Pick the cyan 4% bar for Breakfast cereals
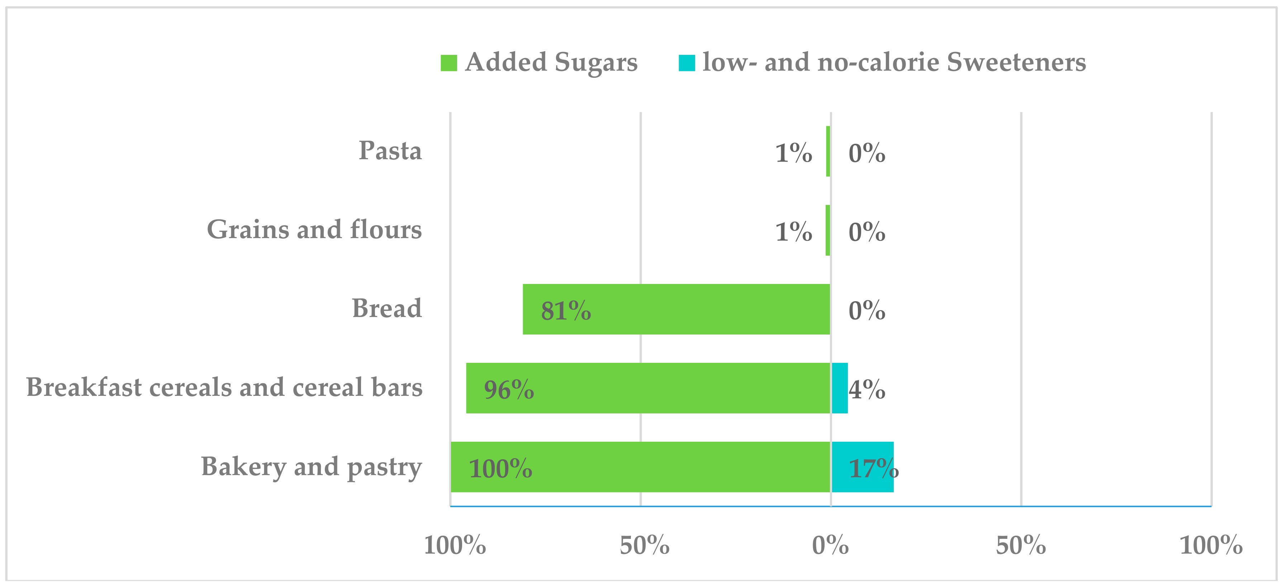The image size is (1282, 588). point(840,388)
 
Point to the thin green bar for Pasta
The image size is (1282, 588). point(828,151)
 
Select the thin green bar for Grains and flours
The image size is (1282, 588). point(828,230)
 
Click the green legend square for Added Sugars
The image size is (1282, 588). point(448,63)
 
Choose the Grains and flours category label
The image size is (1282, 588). point(314,229)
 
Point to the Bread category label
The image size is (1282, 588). point(387,308)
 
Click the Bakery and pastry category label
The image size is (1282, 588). point(311,466)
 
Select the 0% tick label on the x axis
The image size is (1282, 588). point(830,545)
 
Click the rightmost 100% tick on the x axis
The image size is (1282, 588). point(1211,545)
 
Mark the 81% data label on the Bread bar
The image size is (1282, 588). point(566,311)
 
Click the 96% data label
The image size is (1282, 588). point(509,389)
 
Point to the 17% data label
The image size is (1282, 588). point(873,469)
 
